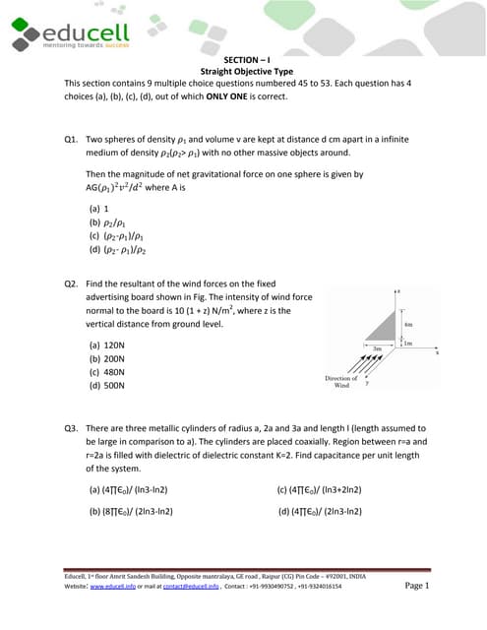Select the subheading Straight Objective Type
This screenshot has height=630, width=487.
pyautogui.click(x=243, y=72)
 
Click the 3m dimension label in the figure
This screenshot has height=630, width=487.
pyautogui.click(x=376, y=348)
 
